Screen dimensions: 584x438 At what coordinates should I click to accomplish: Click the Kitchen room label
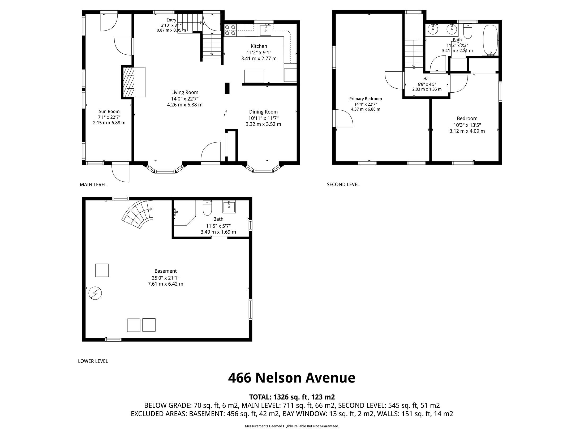coord(259,46)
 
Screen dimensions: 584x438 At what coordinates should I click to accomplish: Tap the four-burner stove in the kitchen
coord(230,30)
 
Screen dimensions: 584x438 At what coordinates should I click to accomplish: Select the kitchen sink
coord(265,30)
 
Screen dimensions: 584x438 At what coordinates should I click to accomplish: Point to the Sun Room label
coord(109,111)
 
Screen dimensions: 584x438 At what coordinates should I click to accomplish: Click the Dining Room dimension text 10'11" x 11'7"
coord(263,118)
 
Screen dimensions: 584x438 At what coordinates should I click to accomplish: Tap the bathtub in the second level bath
coord(490,40)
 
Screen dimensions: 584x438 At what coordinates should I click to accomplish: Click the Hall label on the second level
coord(427,79)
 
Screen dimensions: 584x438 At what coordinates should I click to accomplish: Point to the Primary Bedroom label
coord(366,99)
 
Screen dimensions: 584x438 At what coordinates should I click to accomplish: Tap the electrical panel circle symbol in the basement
coord(95,294)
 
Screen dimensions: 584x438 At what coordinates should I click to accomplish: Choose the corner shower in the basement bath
coord(184,213)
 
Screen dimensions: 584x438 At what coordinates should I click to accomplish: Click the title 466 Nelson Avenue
coord(292,378)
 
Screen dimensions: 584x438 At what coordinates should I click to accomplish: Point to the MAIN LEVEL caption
coord(93,184)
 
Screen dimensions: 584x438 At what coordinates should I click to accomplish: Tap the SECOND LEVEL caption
coord(343,184)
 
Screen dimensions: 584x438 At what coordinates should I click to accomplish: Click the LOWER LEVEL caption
coord(93,361)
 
